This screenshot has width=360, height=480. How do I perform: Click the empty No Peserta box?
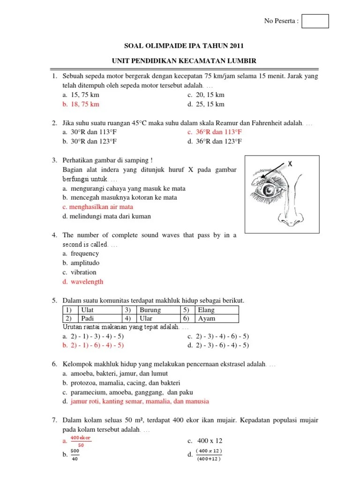coord(315,21)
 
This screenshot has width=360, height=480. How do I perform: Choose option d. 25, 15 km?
coord(210,104)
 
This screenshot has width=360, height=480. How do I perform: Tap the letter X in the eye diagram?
coord(290,164)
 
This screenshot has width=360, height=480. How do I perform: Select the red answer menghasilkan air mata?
coord(101,207)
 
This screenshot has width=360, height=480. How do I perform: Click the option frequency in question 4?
coord(84,254)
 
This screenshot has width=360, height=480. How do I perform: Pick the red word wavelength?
coord(87,282)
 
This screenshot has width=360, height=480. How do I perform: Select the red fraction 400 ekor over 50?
coord(80,441)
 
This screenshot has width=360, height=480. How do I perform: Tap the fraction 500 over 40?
coord(75,455)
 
